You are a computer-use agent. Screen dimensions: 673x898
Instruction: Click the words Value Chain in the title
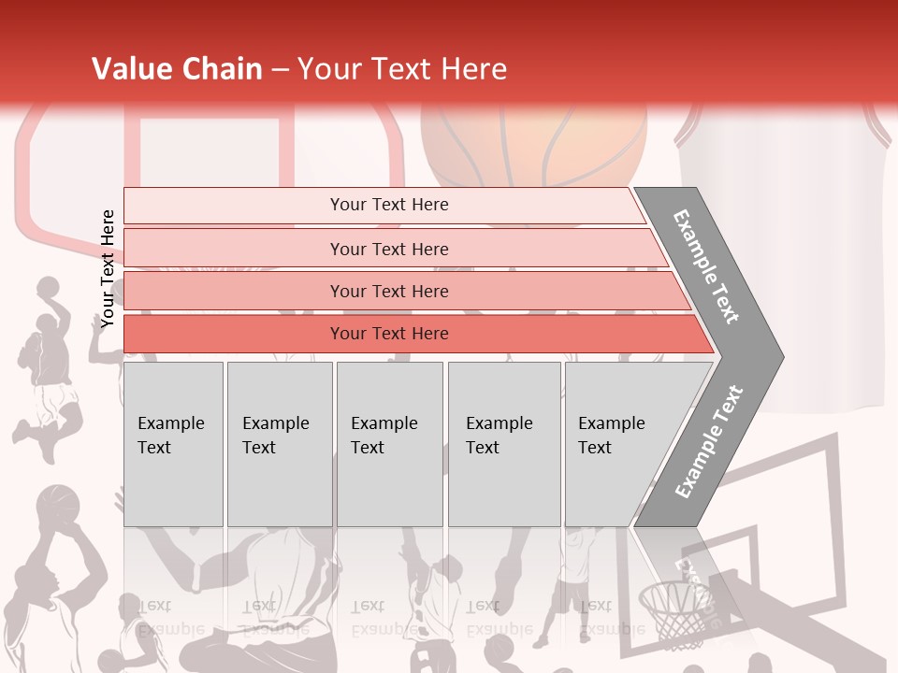point(177,69)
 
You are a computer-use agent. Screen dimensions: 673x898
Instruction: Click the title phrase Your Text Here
point(402,69)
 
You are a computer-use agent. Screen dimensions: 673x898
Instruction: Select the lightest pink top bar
point(388,205)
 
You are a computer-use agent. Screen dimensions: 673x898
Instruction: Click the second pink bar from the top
point(388,249)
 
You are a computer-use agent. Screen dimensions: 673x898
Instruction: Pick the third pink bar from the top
point(388,291)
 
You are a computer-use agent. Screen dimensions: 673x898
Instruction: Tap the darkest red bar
point(388,334)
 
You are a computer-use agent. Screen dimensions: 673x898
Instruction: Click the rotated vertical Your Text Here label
point(108,269)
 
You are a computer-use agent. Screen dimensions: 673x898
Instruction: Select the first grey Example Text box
point(173,443)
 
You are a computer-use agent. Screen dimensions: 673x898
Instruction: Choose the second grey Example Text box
point(279,443)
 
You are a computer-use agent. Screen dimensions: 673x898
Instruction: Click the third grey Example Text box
point(388,443)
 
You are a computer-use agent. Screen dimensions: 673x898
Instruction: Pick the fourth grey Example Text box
point(503,443)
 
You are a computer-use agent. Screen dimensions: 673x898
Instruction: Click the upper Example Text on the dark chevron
point(706,266)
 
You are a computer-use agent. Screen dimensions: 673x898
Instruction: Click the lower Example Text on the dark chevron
point(709,442)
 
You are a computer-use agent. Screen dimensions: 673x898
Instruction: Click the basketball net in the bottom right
point(675,612)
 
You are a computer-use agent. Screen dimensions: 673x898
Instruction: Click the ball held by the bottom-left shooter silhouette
point(58,505)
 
